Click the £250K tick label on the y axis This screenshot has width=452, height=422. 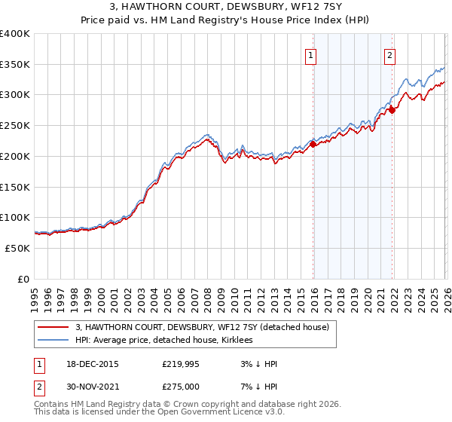coord(15,126)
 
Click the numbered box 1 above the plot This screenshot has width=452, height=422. coord(311,54)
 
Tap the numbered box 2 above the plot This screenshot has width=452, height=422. coord(389,54)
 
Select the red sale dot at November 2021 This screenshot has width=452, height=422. coord(392,111)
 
